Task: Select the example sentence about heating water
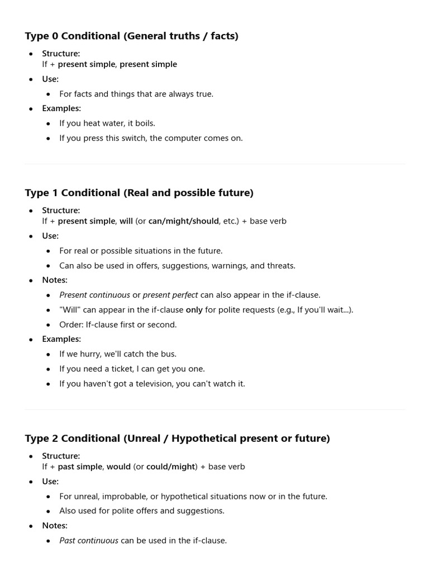point(107,123)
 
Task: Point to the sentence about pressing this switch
point(151,138)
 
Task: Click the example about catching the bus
point(118,354)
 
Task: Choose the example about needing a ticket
point(132,369)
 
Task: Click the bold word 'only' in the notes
point(194,310)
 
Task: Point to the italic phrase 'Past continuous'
point(89,541)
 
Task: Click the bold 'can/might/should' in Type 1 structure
point(183,221)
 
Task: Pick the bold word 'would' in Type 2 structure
point(118,467)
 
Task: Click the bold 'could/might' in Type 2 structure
point(170,467)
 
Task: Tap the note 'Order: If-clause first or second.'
point(118,325)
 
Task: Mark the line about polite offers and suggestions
point(142,511)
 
